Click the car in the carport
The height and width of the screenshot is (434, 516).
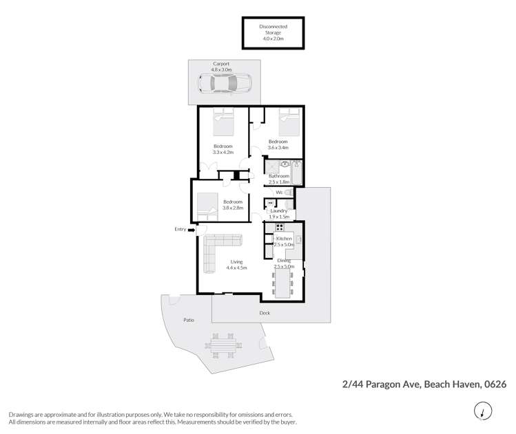pos(225,85)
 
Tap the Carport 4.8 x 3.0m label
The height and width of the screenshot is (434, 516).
pos(222,67)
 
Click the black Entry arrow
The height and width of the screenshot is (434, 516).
pos(191,230)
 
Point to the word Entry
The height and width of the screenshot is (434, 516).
pos(180,229)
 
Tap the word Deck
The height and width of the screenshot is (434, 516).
pos(265,314)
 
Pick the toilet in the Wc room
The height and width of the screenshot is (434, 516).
pos(289,193)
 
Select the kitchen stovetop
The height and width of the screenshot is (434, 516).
pos(280,228)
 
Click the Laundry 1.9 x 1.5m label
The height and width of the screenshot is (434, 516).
pos(278,213)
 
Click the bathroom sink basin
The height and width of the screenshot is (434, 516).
pos(285,165)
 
